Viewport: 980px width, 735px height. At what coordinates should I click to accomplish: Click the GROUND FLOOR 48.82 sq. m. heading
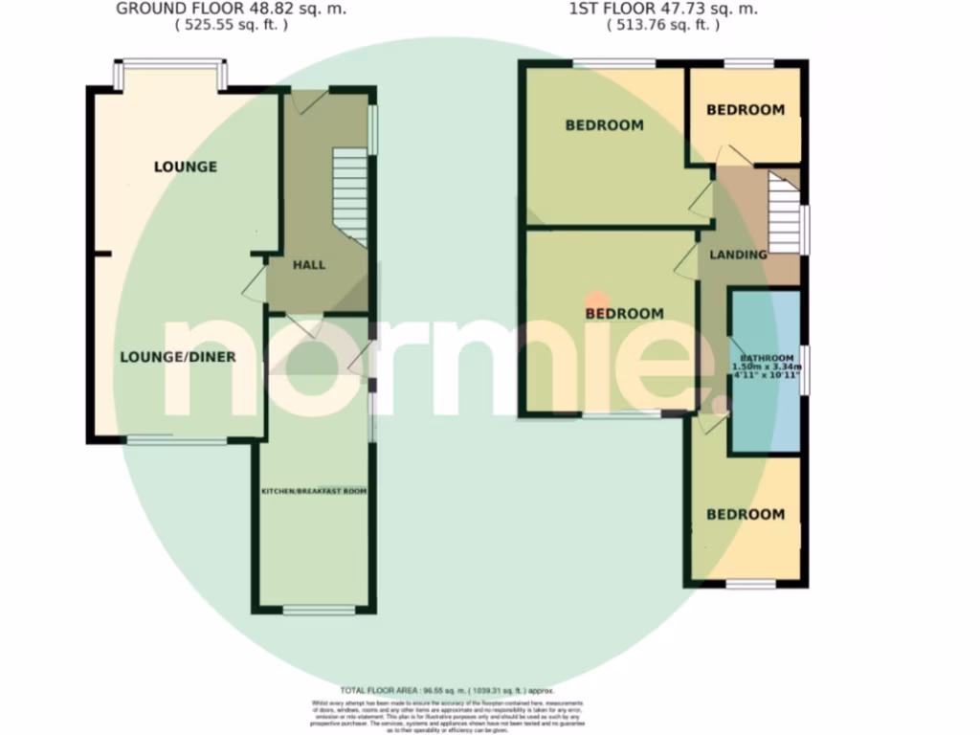tap(232, 10)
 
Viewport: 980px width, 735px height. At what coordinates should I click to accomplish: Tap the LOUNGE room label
tap(186, 167)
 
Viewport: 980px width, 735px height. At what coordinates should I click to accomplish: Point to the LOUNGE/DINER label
tap(178, 357)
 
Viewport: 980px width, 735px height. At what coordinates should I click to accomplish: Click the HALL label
tap(309, 265)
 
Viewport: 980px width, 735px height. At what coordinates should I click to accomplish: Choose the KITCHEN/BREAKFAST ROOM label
tap(315, 491)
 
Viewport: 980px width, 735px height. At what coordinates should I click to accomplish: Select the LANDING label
tap(738, 255)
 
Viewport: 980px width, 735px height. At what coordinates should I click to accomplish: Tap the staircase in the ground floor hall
tap(350, 195)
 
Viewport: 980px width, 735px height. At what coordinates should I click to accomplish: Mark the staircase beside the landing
tap(784, 216)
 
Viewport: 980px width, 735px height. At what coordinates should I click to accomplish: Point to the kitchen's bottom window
tap(319, 609)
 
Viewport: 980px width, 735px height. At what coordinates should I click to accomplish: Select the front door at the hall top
tap(311, 101)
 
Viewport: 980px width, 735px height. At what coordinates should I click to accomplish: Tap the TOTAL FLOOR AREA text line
tap(447, 690)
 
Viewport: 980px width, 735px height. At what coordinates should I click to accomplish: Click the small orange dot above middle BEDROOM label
tap(596, 300)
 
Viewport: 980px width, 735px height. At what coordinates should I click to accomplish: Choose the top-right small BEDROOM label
tap(745, 110)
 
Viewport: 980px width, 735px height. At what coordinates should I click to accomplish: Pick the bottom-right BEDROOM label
tap(745, 515)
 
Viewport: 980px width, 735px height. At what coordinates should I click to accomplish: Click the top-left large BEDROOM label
tap(604, 125)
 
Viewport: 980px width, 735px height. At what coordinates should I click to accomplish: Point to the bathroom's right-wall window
tap(805, 367)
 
